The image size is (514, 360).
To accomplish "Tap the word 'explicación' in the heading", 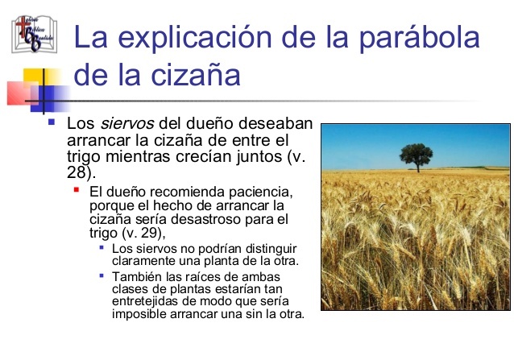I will [195, 39].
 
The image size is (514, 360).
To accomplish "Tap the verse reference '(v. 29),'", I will [143, 233].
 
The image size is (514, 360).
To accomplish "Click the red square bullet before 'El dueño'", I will [77, 191].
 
